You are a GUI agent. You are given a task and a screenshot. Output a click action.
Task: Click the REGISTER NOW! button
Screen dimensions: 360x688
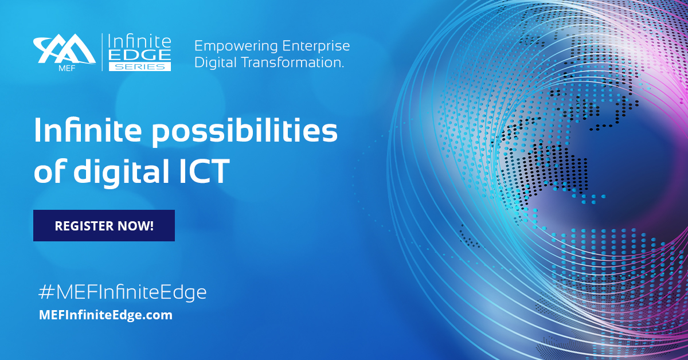104,225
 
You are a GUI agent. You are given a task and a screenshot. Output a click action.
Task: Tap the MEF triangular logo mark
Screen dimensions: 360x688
64,49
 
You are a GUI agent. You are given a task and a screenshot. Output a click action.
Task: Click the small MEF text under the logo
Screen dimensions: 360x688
49,67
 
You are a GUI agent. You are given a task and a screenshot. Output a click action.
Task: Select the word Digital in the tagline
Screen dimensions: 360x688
213,62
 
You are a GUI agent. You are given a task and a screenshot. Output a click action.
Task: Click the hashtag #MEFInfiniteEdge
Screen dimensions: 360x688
121,292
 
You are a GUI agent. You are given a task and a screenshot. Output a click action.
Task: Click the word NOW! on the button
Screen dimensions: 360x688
136,225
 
